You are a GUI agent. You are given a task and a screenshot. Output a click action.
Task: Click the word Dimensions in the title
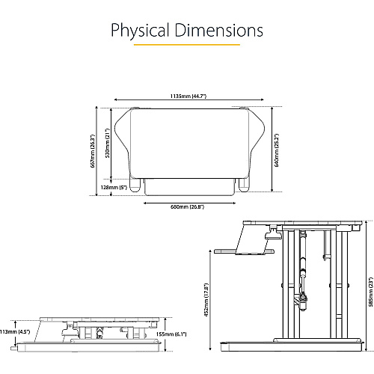coord(218,30)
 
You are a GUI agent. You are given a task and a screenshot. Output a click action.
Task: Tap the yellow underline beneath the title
coord(187,45)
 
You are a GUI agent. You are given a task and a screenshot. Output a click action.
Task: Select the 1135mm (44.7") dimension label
coord(188,96)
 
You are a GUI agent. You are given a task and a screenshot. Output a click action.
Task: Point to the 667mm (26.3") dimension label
coord(93,151)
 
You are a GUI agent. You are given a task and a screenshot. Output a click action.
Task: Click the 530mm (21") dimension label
coord(108,143)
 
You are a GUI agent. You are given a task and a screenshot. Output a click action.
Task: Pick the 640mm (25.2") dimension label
coord(276,150)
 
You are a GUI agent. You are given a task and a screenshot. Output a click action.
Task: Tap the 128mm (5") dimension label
coord(114,187)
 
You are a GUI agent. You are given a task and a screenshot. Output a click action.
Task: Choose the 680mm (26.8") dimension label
coord(188,207)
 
